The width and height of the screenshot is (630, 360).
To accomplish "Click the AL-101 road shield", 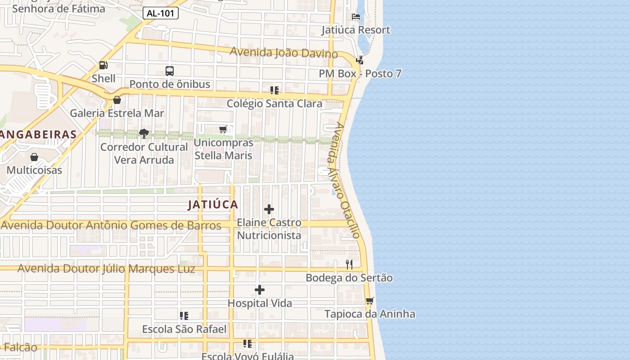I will (161, 13).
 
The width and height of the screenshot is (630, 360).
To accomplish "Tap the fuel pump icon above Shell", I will (103, 65).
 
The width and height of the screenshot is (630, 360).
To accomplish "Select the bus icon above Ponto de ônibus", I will (169, 71).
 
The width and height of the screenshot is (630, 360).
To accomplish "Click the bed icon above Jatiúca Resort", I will (355, 17).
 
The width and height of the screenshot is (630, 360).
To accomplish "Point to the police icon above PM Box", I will (360, 60).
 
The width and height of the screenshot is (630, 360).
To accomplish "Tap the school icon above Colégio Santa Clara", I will (274, 90).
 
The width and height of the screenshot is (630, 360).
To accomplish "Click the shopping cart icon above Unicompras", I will (223, 130).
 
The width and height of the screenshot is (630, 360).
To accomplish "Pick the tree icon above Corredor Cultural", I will (144, 133).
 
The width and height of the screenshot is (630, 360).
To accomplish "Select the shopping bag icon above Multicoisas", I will (34, 157).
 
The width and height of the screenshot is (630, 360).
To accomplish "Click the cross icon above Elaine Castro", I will (269, 209).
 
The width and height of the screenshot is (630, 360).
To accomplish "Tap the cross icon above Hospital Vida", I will (260, 290).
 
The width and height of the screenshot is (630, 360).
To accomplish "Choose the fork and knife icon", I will (349, 264).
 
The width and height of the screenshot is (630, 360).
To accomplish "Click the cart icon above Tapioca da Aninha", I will (369, 301).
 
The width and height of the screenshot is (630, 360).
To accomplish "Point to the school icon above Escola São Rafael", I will (184, 316).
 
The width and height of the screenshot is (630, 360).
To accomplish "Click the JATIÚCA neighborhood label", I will (213, 205).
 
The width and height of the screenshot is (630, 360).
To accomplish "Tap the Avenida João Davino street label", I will (283, 53).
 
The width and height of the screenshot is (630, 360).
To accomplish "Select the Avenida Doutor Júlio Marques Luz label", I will (106, 269).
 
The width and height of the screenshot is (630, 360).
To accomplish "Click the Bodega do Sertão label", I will (349, 278).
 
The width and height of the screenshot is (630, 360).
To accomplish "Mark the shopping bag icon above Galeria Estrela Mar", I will (117, 100).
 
